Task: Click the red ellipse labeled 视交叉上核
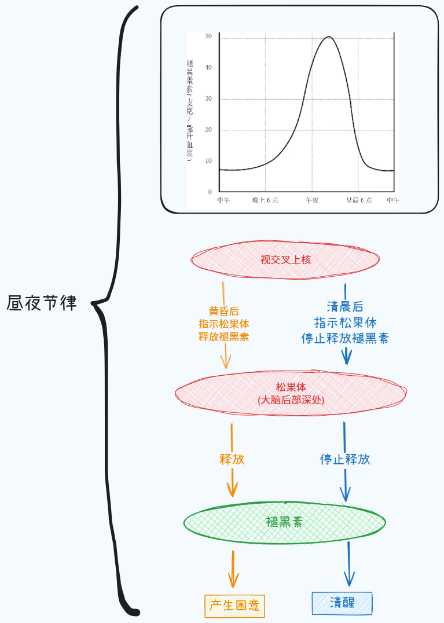[x=285, y=259]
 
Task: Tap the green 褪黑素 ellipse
[x=284, y=522]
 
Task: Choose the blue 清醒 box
[x=342, y=602]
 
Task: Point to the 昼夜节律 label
[x=42, y=303]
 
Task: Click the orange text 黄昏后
[x=224, y=311]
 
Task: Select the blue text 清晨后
[x=345, y=307]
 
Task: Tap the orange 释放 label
[x=232, y=459]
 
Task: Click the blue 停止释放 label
[x=345, y=459]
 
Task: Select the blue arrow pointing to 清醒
[x=349, y=565]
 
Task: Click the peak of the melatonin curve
[x=328, y=36]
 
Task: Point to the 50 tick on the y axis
[x=208, y=36]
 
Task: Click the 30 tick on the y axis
[x=208, y=98]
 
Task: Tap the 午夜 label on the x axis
[x=312, y=200]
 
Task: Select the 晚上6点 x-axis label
[x=265, y=200]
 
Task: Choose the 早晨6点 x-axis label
[x=359, y=200]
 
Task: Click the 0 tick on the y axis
[x=210, y=192]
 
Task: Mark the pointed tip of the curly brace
[x=93, y=302]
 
